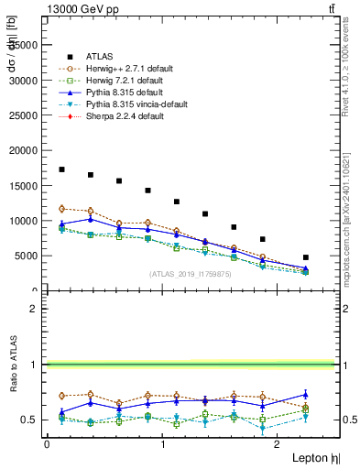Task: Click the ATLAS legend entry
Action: [x=98, y=55]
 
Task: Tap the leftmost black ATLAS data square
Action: [x=61, y=169]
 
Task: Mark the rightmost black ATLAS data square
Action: [x=305, y=257]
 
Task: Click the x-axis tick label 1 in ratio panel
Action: [x=163, y=444]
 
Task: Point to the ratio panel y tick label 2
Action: [x=33, y=309]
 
